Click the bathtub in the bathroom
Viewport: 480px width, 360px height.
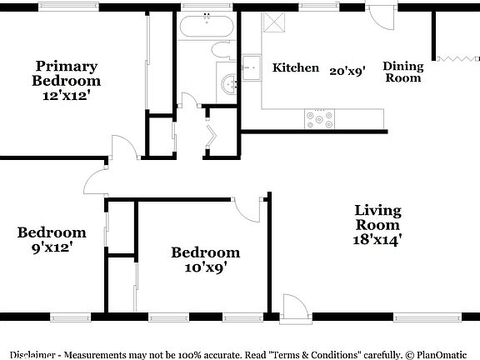click(x=206, y=27)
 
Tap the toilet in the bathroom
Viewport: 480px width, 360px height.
click(x=223, y=50)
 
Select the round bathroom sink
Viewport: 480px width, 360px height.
click(x=228, y=82)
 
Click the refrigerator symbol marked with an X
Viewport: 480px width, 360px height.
click(x=273, y=24)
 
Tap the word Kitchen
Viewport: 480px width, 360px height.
click(x=296, y=67)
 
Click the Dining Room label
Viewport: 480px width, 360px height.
click(x=403, y=72)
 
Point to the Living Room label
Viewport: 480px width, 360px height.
click(x=377, y=217)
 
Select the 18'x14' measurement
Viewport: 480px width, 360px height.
click(x=377, y=240)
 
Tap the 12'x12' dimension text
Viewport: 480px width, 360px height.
click(x=66, y=97)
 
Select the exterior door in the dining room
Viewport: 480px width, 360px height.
click(x=378, y=18)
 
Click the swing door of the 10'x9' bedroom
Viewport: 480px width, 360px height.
click(x=247, y=207)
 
